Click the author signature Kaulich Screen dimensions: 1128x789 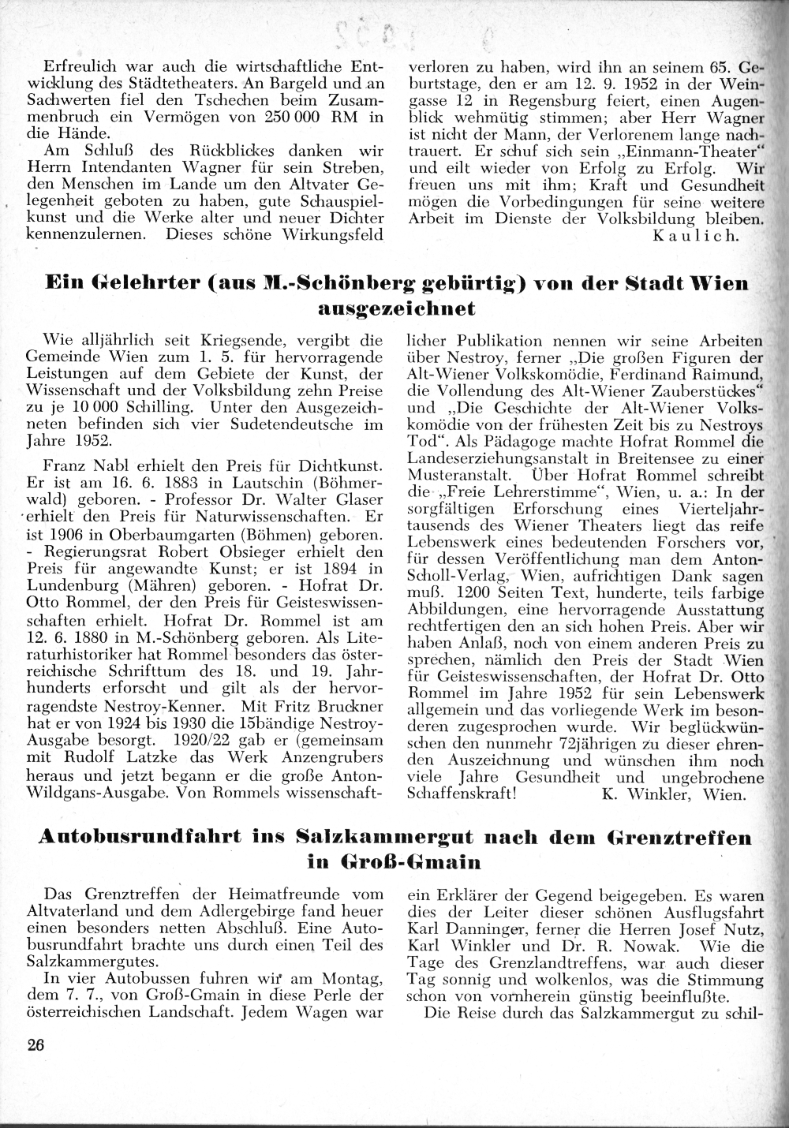click(x=698, y=236)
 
